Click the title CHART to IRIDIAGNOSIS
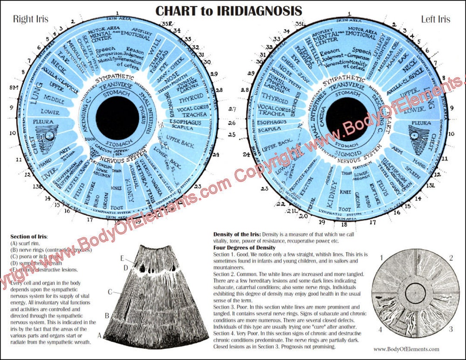[x=229, y=10]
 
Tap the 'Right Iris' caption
[x=31, y=19]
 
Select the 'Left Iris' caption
[x=435, y=19]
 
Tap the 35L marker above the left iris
[x=300, y=24]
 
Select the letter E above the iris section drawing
[x=123, y=259]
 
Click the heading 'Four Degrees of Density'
[x=244, y=248]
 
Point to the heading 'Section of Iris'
[x=29, y=237]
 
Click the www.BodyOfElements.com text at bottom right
[x=406, y=349]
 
